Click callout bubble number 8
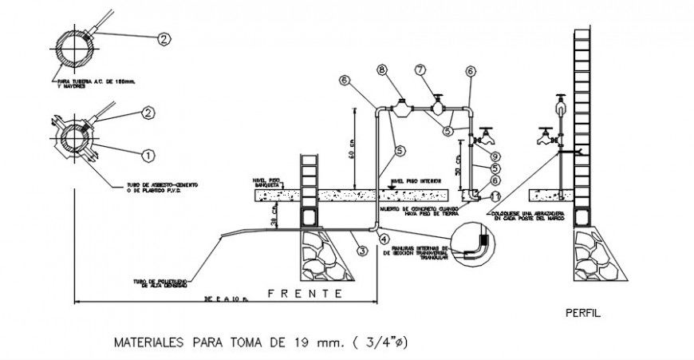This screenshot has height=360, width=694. click(x=382, y=71)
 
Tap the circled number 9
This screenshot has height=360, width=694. click(x=495, y=156)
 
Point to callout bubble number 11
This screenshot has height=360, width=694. click(x=495, y=195)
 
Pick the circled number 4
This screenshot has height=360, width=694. click(x=383, y=237)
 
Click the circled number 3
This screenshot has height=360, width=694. click(x=361, y=251)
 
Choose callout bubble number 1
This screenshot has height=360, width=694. click(x=147, y=152)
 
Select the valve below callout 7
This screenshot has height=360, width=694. click(x=437, y=103)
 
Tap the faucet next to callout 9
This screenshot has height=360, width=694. click(x=482, y=137)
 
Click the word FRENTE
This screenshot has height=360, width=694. click(x=306, y=294)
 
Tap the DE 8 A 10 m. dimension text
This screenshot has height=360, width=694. click(x=216, y=299)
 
